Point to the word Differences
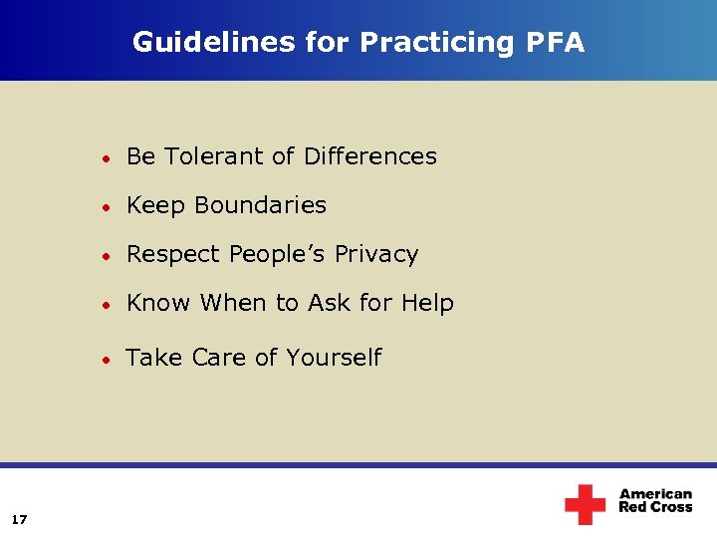[x=370, y=156]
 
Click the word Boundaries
[x=261, y=205]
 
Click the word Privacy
[x=376, y=255]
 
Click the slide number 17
[x=20, y=519]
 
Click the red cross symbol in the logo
[x=585, y=504]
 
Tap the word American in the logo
[x=655, y=494]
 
